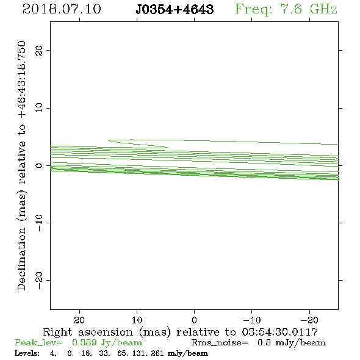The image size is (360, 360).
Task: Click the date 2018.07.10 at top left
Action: tap(62, 9)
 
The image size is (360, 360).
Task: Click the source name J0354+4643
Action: tap(175, 9)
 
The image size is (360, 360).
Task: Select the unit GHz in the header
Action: tap(323, 9)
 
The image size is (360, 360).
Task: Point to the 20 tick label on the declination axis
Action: tap(38, 51)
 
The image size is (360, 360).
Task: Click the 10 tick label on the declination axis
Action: tap(38, 108)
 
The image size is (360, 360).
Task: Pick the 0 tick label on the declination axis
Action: tap(38, 165)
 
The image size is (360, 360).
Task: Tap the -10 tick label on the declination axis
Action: tap(38, 223)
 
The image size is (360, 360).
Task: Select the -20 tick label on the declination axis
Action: tap(38, 280)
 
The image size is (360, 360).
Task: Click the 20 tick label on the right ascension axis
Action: tap(79, 320)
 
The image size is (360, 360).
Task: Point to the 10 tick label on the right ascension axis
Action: tap(137, 320)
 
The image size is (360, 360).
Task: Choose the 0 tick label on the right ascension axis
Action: tap(194, 320)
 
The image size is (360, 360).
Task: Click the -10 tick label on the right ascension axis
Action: tap(252, 320)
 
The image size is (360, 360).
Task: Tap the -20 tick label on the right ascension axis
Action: tap(309, 320)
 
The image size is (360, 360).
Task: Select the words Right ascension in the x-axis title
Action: tap(88, 332)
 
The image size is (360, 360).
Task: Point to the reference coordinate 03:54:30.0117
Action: tap(280, 332)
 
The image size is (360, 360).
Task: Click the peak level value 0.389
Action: tap(84, 342)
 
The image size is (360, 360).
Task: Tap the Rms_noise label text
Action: tap(220, 343)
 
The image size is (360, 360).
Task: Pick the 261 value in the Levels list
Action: tap(157, 353)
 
